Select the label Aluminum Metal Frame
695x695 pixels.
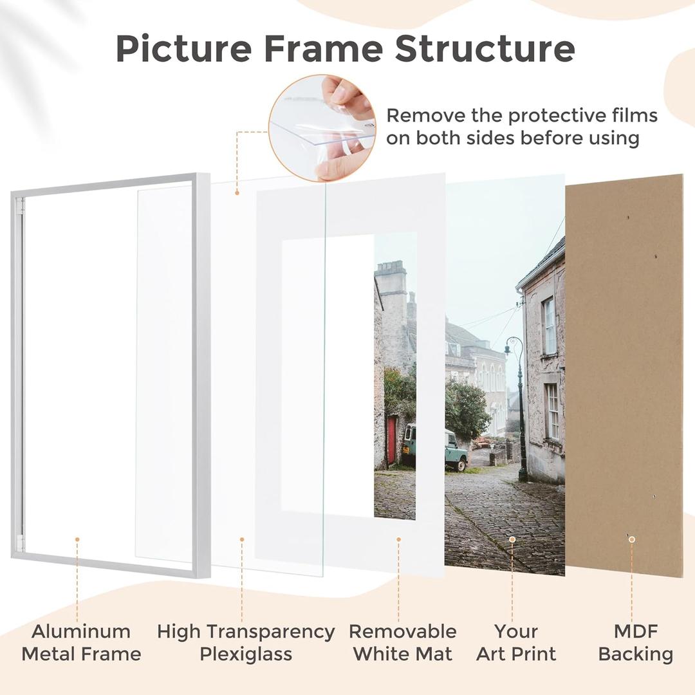[81, 642]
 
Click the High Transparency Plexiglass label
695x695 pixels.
[246, 642]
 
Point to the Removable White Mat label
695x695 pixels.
[403, 642]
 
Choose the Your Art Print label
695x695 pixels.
[516, 642]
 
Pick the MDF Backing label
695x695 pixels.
[635, 642]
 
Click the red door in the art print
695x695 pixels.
[391, 440]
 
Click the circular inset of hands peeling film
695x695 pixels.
[322, 127]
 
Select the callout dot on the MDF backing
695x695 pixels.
[632, 539]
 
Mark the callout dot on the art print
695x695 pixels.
[512, 539]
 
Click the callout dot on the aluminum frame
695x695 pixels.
[77, 539]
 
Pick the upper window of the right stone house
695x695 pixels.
[549, 326]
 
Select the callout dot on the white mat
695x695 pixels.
[398, 539]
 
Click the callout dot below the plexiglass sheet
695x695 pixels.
[242, 539]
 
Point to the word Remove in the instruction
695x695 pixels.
[421, 116]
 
